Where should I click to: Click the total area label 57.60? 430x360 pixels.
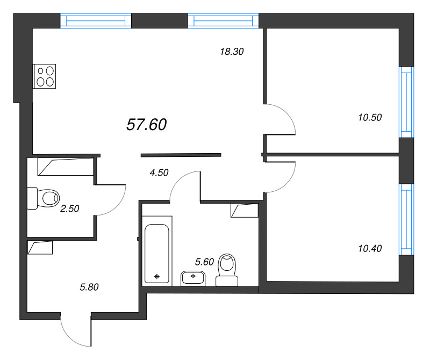[146, 125]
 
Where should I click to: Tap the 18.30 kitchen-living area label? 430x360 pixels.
[232, 52]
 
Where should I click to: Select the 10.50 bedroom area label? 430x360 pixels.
[370, 117]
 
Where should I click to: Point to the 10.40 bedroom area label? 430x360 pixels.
[370, 248]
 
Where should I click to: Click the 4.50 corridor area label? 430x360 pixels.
[159, 172]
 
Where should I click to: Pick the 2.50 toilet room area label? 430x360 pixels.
[70, 208]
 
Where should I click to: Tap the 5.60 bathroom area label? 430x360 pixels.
[204, 262]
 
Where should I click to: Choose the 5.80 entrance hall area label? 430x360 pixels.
[89, 287]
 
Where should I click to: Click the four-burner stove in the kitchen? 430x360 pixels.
[44, 76]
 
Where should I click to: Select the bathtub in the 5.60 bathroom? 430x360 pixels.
[157, 254]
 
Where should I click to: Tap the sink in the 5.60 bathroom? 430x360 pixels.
[193, 278]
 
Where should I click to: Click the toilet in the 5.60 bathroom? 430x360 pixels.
[227, 270]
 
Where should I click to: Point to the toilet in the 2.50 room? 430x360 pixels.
[44, 198]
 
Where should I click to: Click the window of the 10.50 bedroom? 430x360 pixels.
[406, 102]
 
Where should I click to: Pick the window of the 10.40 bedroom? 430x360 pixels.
[406, 219]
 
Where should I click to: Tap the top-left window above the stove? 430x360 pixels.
[96, 20]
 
